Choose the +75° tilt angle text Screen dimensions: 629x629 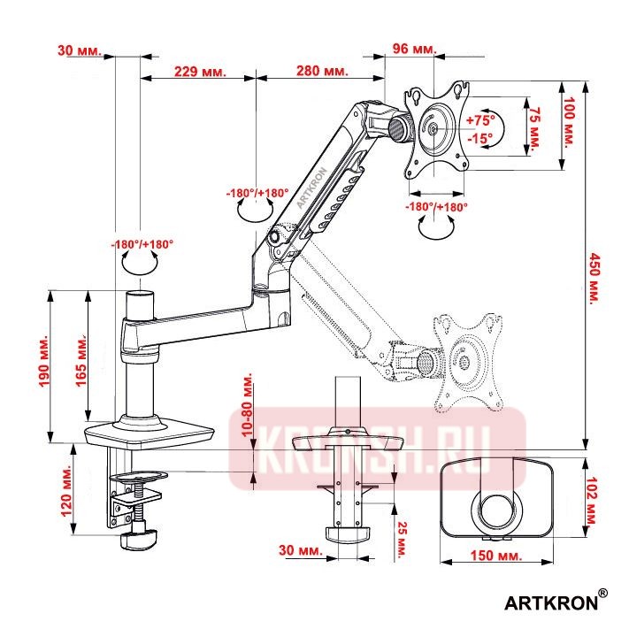[x=483, y=119]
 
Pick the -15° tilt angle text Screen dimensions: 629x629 [x=482, y=138]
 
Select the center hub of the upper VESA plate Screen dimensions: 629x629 [x=433, y=128]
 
